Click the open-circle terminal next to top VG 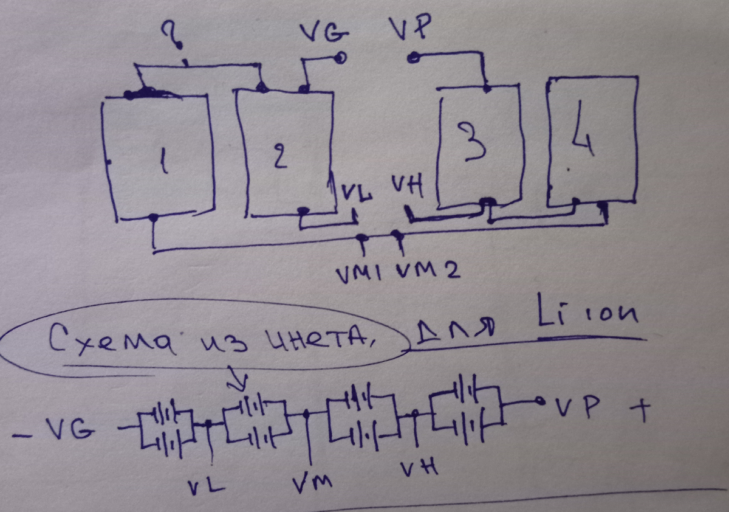pyautogui.click(x=341, y=58)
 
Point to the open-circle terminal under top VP pyautogui.click(x=412, y=58)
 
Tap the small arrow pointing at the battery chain pyautogui.click(x=239, y=382)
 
